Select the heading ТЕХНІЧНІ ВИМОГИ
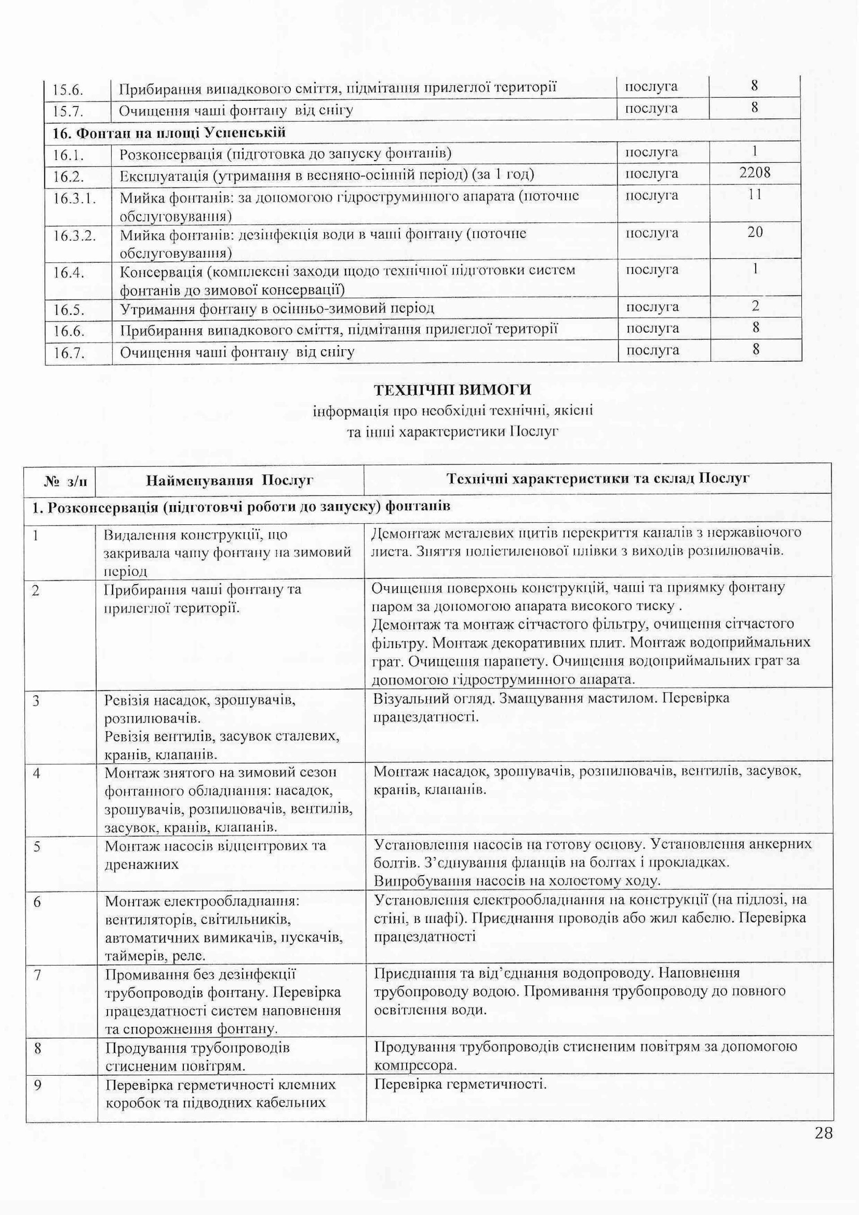click(452, 390)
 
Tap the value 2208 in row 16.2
click(755, 172)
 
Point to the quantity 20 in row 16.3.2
click(755, 232)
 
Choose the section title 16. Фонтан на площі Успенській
click(169, 133)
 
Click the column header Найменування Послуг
click(230, 480)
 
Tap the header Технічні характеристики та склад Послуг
click(598, 479)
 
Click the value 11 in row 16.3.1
click(755, 195)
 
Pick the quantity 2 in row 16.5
click(755, 306)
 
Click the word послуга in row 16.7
click(652, 351)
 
